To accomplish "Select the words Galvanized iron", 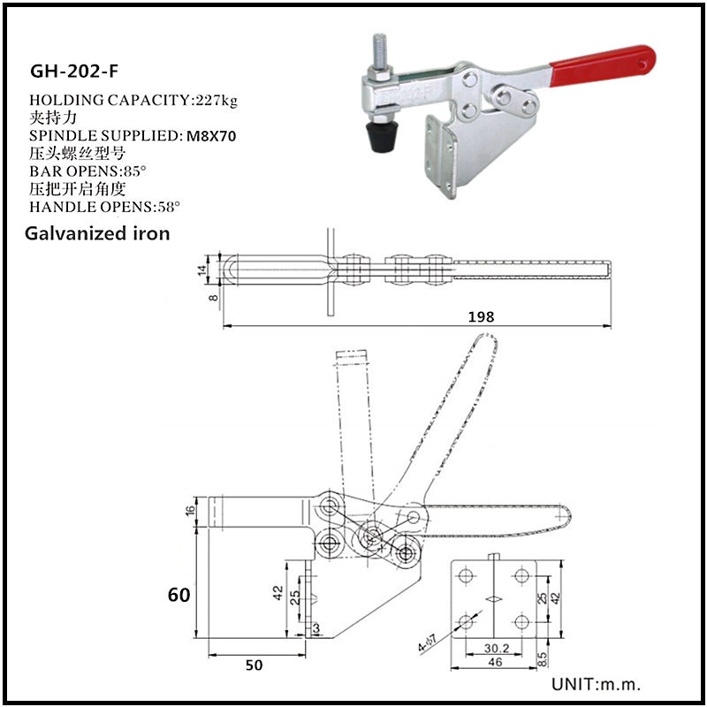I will [x=97, y=234].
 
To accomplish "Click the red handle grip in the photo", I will [x=602, y=66].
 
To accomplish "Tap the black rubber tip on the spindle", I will [x=382, y=137].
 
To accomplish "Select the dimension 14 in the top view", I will [x=201, y=269].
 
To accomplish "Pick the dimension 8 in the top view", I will [x=201, y=298].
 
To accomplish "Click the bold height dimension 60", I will [x=179, y=595].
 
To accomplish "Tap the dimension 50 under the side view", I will [x=254, y=665].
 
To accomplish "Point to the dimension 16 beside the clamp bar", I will [x=192, y=510].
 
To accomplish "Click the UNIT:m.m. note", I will [x=596, y=684].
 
